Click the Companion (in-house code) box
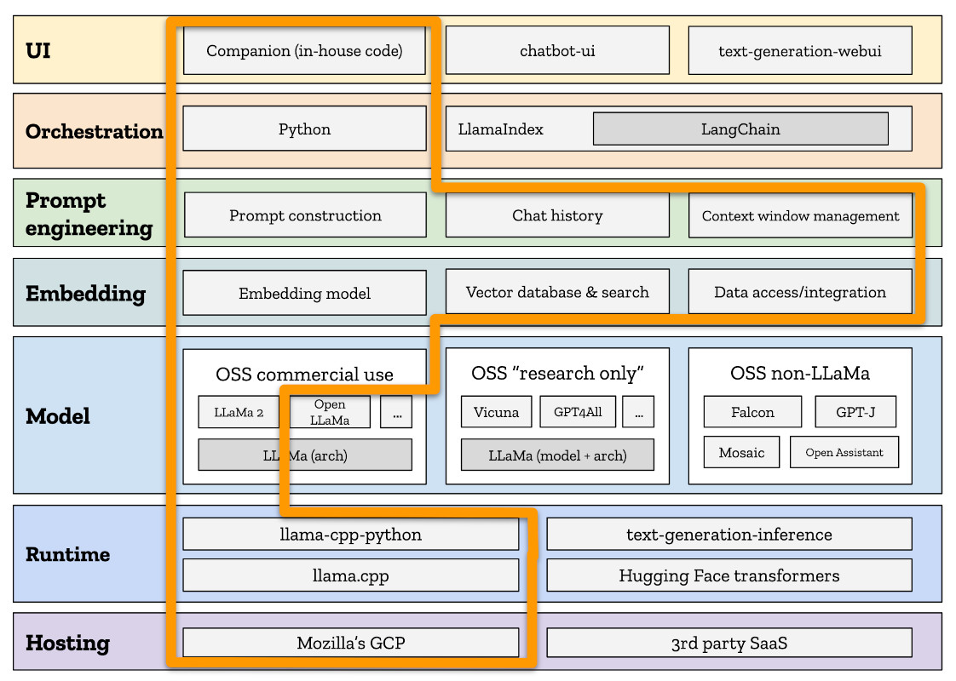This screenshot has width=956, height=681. (x=304, y=50)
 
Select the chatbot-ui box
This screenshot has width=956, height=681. (x=557, y=50)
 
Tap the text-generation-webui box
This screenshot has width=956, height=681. (x=799, y=50)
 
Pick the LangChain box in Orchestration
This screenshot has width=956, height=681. (x=740, y=129)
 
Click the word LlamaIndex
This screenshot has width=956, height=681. (x=501, y=129)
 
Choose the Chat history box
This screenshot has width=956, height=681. (x=557, y=215)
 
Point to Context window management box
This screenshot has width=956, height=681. (x=799, y=215)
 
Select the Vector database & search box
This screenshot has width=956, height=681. (x=557, y=292)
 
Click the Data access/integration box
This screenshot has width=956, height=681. (x=799, y=292)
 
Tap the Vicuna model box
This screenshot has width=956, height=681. (x=496, y=412)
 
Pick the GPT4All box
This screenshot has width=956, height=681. (x=577, y=412)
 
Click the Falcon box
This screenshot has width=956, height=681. (x=752, y=412)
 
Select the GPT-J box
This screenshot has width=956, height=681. (x=855, y=412)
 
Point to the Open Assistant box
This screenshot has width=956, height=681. (x=844, y=452)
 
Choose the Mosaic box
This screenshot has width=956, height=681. (x=741, y=452)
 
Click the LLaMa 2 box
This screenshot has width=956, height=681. (x=239, y=412)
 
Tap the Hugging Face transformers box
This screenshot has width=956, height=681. (x=729, y=575)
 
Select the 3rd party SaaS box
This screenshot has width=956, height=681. (x=729, y=643)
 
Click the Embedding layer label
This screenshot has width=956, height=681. (x=85, y=294)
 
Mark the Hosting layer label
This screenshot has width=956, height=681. (x=67, y=643)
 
